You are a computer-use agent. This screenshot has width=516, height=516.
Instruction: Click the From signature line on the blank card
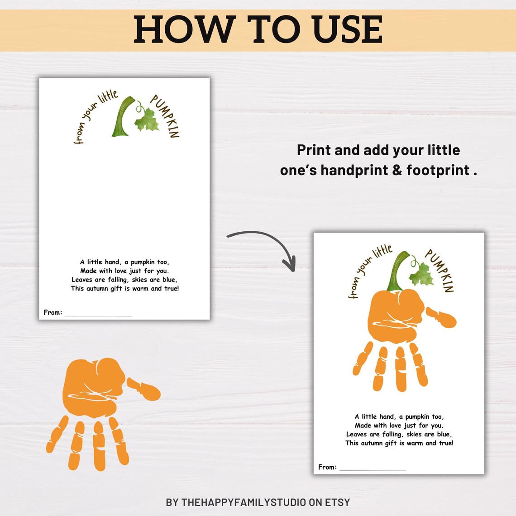tap(98, 314)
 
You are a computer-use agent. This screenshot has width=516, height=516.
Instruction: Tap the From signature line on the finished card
tap(373, 469)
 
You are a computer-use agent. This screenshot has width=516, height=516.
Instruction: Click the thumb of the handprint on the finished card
tap(443, 317)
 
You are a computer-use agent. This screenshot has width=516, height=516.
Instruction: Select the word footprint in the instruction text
tap(438, 171)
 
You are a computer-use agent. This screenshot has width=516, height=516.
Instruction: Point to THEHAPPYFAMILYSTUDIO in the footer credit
tap(244, 502)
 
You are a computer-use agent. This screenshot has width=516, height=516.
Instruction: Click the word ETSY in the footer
tap(337, 502)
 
